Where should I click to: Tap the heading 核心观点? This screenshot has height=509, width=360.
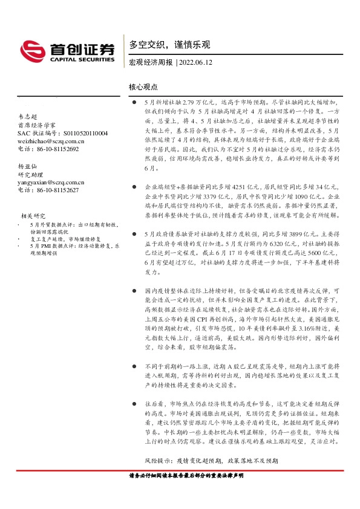[142, 88]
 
